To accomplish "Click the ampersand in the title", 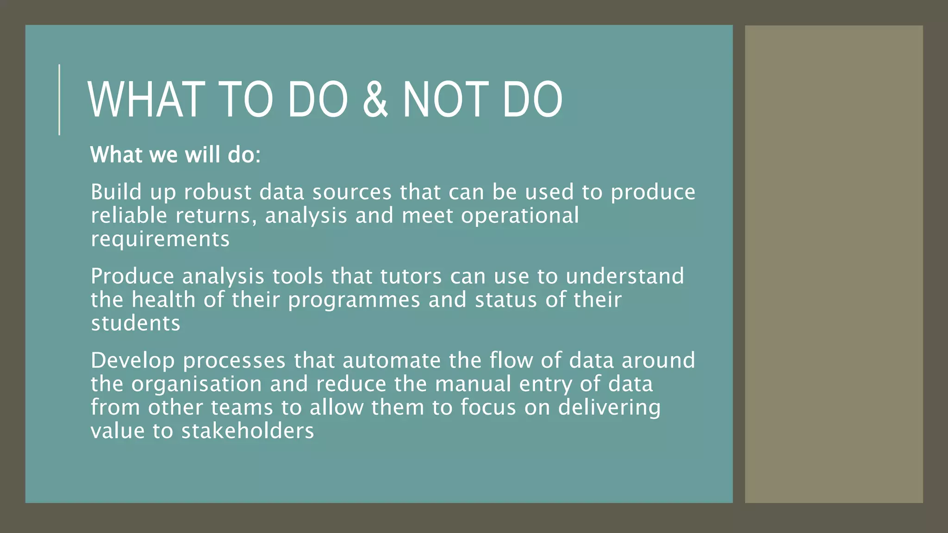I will [375, 99].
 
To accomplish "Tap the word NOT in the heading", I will [445, 99].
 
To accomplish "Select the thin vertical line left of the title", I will [59, 99].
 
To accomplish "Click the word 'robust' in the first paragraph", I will [217, 192].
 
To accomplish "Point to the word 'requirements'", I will [160, 239].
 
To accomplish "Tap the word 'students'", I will [135, 323].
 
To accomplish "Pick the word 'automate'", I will [392, 360].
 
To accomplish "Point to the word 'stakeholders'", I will [248, 431].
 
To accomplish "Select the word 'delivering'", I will [609, 408].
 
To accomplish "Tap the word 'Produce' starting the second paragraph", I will [132, 276].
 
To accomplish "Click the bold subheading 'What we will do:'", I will [175, 155].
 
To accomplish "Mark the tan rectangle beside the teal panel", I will [833, 264].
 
